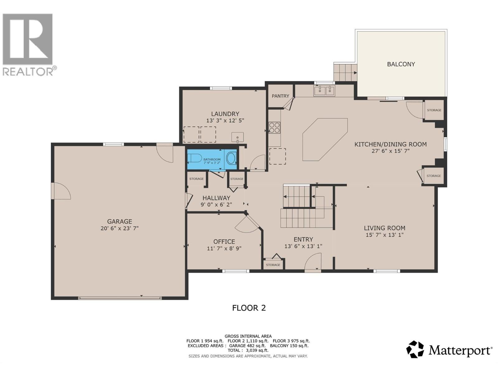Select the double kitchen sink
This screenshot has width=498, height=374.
coord(324,91)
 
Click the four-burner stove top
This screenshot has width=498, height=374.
coord(274,128)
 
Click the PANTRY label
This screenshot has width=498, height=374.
coord(280,96)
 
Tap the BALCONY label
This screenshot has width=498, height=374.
coord(401,64)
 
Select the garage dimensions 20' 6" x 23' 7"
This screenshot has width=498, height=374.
coord(120,228)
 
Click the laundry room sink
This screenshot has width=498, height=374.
coord(237,137)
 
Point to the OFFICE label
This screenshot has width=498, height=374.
coord(224,242)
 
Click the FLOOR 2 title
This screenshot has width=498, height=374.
coord(249,308)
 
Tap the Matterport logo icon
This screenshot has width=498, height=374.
coord(415,350)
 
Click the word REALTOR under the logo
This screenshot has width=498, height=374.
coord(28,72)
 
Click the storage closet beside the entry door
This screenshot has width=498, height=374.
coord(273,264)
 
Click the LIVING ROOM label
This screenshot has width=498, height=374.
coord(384,228)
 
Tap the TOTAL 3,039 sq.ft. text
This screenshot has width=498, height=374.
coord(248,350)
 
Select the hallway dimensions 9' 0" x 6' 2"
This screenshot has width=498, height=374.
coord(216,204)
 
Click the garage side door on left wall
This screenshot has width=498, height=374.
coord(61,191)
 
